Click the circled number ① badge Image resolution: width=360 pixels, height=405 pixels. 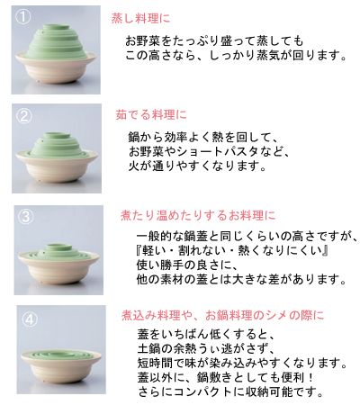26,17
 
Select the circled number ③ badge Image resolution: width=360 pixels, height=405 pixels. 28,216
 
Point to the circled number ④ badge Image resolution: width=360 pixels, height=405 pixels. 29,318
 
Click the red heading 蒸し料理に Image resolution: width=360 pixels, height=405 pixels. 139,17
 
